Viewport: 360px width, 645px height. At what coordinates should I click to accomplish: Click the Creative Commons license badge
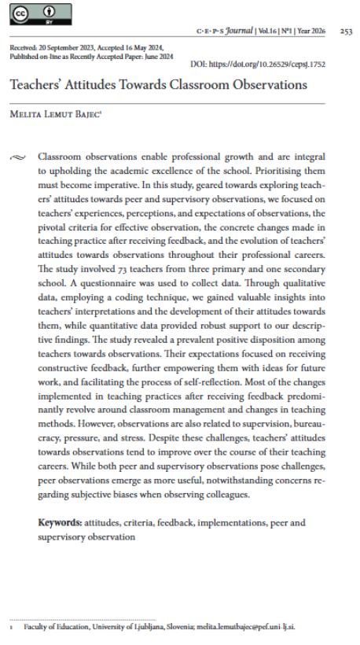point(39,13)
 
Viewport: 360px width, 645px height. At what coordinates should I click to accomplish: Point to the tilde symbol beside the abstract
point(18,157)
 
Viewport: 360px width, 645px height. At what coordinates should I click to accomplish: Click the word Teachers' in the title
point(36,86)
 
